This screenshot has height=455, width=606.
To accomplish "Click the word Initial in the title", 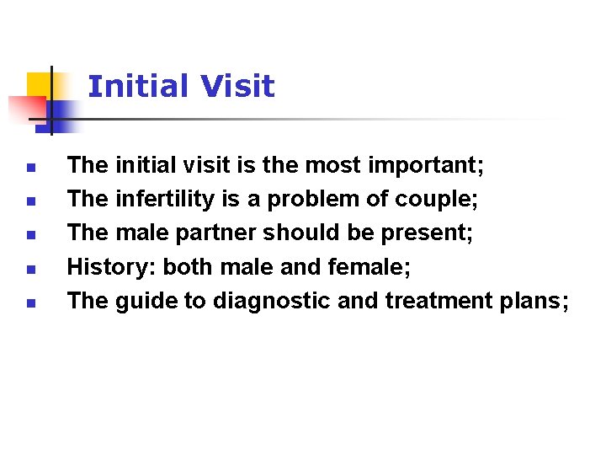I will point(137,86).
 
